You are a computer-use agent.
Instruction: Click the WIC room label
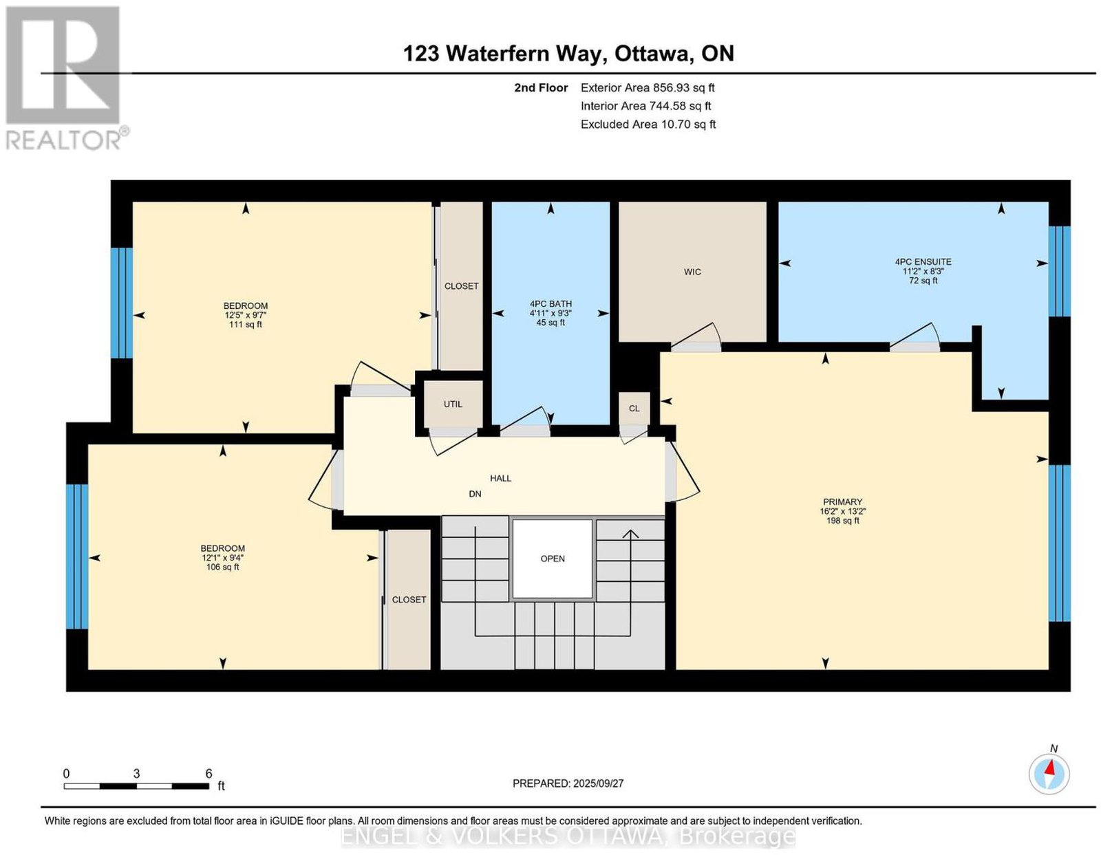692,272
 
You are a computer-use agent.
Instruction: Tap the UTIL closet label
453,404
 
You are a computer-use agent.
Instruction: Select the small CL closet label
634,409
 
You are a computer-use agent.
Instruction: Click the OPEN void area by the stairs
553,559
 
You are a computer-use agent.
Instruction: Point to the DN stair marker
475,494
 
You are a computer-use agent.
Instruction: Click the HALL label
500,478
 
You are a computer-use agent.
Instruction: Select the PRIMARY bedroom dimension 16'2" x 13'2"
842,511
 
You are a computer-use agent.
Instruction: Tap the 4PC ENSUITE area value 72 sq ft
923,281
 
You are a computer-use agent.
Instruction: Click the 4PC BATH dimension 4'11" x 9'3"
550,314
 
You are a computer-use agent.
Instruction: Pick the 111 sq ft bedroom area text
246,325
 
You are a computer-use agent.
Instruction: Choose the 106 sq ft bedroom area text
222,567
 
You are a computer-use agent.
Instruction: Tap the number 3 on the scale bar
136,774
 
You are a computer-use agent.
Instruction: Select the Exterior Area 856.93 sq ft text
648,87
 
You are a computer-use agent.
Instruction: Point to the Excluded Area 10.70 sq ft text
648,124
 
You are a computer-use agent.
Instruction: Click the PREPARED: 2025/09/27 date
568,783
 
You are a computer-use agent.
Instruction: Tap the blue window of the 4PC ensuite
1059,271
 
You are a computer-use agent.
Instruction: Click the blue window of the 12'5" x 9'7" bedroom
122,303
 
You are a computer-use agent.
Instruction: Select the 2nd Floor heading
541,87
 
